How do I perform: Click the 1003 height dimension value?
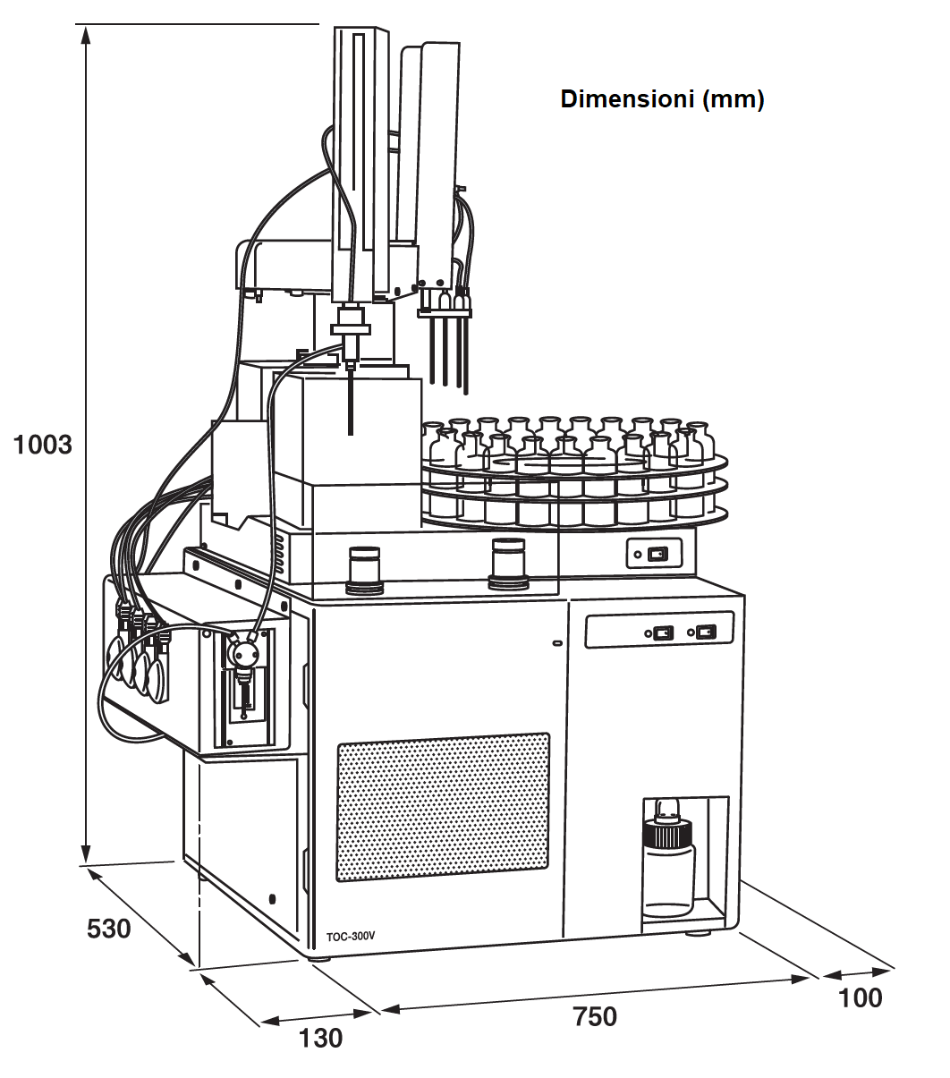coord(43,445)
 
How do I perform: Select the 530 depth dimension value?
coord(108,929)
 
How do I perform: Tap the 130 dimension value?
coord(320,1038)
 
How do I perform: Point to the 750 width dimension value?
coord(595,1016)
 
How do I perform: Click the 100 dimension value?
coord(861,997)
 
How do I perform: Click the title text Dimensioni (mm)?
coord(662,99)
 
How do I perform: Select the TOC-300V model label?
coord(351,937)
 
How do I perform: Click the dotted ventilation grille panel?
coord(443,806)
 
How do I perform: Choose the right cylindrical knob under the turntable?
coord(508,564)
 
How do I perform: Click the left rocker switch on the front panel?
coord(662,633)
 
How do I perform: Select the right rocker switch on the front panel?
coord(706,632)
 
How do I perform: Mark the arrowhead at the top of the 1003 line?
coord(86,34)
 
